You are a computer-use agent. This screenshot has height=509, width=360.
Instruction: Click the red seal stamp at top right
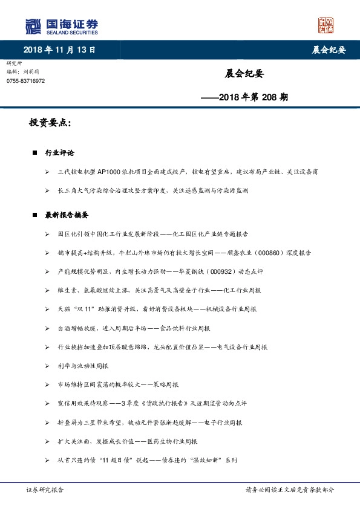coord(326,25)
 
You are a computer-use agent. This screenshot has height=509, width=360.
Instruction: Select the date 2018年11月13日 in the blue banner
coord(59,50)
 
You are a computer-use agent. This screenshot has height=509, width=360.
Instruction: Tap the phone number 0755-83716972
coord(26,81)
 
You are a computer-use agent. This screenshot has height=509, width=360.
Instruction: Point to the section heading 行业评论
coord(60,153)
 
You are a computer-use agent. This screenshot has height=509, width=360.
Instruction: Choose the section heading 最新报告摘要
coord(67,215)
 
